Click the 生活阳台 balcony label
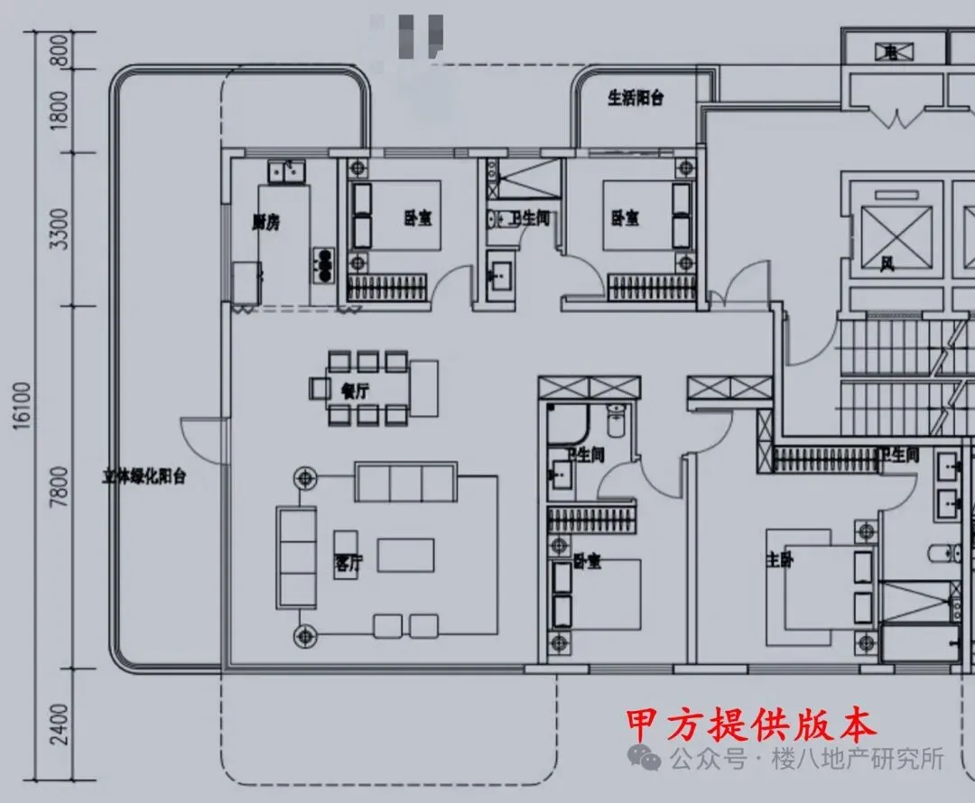click(636, 98)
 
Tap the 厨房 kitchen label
click(265, 222)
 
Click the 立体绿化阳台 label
click(144, 476)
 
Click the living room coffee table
click(405, 555)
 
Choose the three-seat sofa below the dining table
click(405, 482)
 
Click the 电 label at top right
click(891, 55)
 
